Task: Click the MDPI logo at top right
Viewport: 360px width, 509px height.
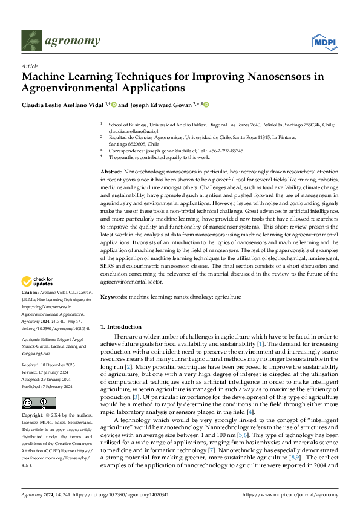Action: point(324,41)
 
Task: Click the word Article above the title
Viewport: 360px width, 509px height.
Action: point(29,66)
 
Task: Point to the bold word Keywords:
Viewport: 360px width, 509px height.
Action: point(113,297)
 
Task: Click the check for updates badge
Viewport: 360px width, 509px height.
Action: point(38,281)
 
